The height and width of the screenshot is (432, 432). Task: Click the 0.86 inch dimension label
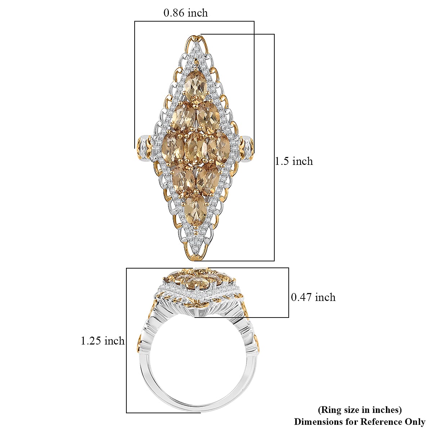[185, 13]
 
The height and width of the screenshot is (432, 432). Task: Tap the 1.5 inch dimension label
[294, 161]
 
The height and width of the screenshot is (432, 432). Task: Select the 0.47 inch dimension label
[313, 297]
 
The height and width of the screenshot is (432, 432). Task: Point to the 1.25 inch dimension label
[103, 341]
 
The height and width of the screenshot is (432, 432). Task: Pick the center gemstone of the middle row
[196, 148]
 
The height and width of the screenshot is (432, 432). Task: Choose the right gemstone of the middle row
[218, 148]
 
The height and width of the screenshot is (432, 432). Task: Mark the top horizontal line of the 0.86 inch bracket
[194, 21]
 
